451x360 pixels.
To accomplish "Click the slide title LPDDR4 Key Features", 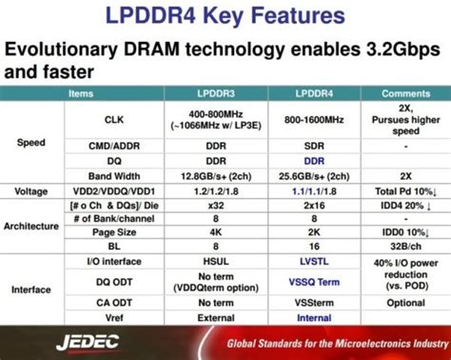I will coord(225,16).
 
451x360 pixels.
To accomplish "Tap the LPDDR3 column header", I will coord(216,93).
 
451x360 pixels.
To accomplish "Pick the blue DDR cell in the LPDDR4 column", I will coord(314,162).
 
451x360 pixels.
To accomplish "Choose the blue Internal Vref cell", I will coord(314,317).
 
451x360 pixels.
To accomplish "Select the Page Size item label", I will coord(113,231).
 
